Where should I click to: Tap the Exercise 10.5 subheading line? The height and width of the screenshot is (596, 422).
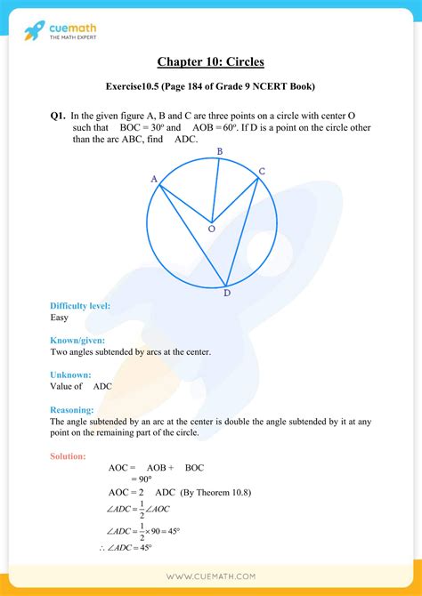211,86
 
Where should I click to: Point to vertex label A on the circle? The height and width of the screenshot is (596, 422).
154,179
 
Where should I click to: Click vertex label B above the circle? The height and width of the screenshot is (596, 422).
220,151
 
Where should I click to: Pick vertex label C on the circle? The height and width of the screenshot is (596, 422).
262,170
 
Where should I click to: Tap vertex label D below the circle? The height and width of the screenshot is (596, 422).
227,293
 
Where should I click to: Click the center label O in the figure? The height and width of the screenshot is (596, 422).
211,229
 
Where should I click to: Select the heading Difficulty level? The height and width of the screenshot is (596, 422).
80,306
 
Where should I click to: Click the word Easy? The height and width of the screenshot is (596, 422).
61,318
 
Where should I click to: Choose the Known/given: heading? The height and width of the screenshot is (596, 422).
77,341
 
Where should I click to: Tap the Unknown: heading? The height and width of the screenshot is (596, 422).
71,375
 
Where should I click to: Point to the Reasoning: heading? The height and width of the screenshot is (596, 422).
75,410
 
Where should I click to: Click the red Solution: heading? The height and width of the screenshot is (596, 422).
69,456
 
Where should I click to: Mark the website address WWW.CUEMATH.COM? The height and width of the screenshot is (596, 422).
210,576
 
